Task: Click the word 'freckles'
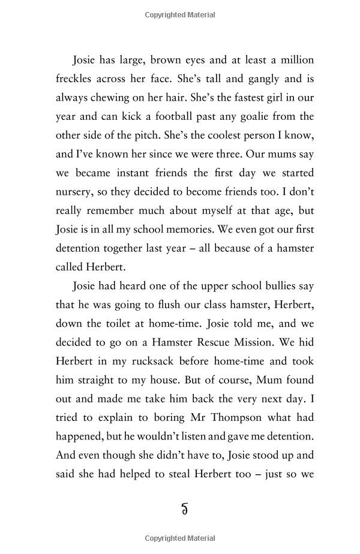(x=77, y=79)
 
